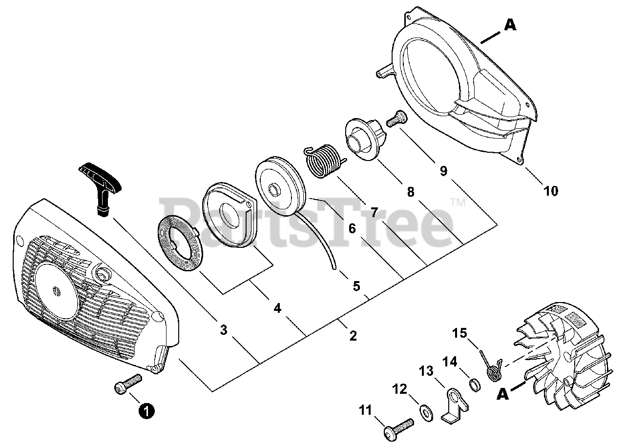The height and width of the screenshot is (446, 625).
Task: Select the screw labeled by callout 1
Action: point(128,384)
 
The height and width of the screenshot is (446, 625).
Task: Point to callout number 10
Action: point(551,191)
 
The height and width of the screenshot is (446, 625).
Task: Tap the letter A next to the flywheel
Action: point(503,394)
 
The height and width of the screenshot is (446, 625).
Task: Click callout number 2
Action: point(353,336)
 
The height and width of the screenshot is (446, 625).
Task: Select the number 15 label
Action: point(459,333)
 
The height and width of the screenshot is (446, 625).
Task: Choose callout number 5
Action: point(356,286)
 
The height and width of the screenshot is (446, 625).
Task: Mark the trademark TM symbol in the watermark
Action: point(458,202)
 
